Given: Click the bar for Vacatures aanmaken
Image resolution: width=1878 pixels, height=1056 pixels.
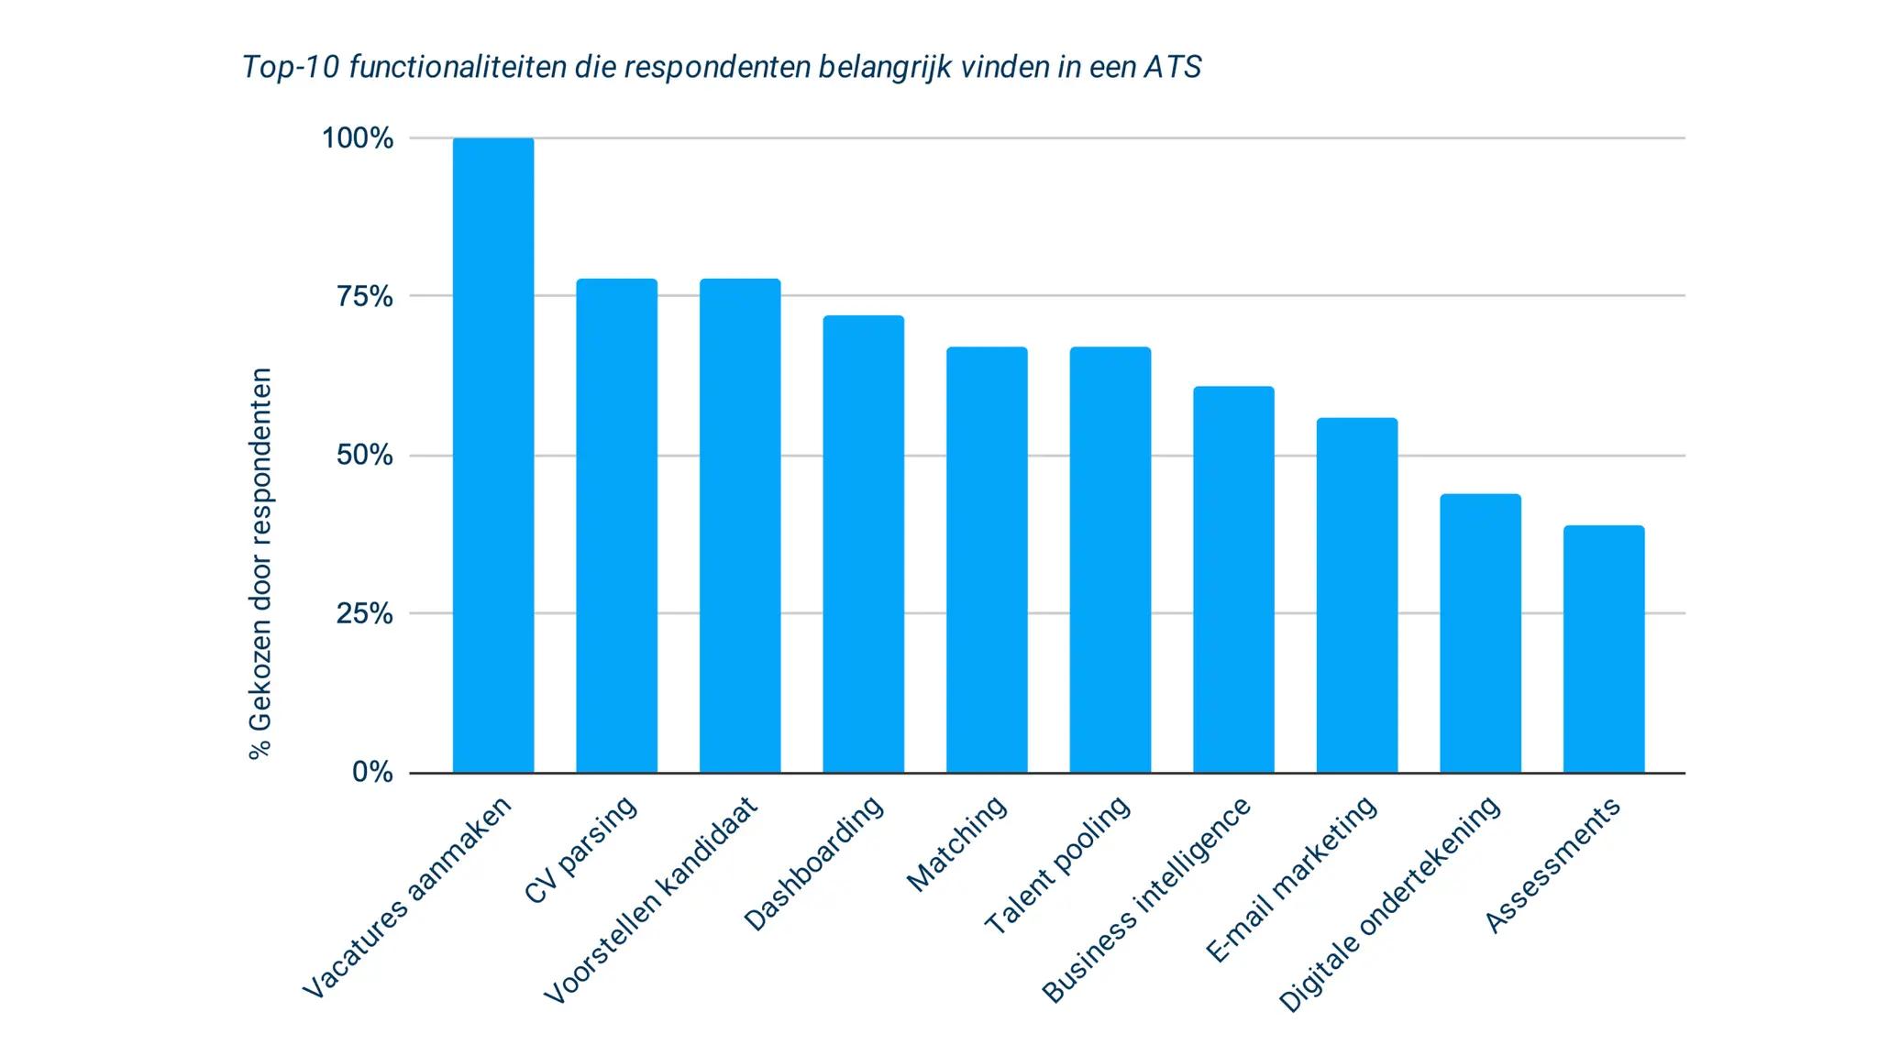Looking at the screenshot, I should click(x=493, y=456).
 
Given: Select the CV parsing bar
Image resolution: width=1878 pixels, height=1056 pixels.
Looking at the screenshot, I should click(x=616, y=525).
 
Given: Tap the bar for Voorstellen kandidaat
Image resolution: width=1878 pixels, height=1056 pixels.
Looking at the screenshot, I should click(x=740, y=525).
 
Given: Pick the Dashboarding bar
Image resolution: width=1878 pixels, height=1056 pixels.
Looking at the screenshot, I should click(x=863, y=544).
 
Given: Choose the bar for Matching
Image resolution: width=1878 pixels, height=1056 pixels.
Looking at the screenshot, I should click(x=987, y=560).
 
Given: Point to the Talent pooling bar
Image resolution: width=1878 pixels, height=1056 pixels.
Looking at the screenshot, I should click(x=1110, y=560).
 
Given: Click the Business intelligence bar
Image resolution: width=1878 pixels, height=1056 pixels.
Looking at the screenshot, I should click(x=1233, y=579).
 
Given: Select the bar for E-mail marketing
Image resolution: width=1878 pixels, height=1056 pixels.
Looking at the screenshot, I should click(x=1356, y=595).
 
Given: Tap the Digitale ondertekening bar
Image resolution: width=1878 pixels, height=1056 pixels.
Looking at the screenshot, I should click(x=1480, y=633).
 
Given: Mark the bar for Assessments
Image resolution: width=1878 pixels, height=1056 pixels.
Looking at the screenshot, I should click(x=1603, y=649).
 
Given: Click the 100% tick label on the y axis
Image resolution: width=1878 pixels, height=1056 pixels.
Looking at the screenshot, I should click(x=357, y=139).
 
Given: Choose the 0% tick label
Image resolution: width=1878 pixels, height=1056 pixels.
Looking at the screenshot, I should click(x=372, y=773).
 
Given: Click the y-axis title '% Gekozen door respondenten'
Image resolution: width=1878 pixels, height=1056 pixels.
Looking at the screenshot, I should click(x=260, y=564).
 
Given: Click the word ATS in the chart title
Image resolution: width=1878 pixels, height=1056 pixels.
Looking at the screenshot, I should click(x=1171, y=68).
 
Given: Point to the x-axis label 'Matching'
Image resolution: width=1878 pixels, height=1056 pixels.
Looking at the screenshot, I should click(x=956, y=843).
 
